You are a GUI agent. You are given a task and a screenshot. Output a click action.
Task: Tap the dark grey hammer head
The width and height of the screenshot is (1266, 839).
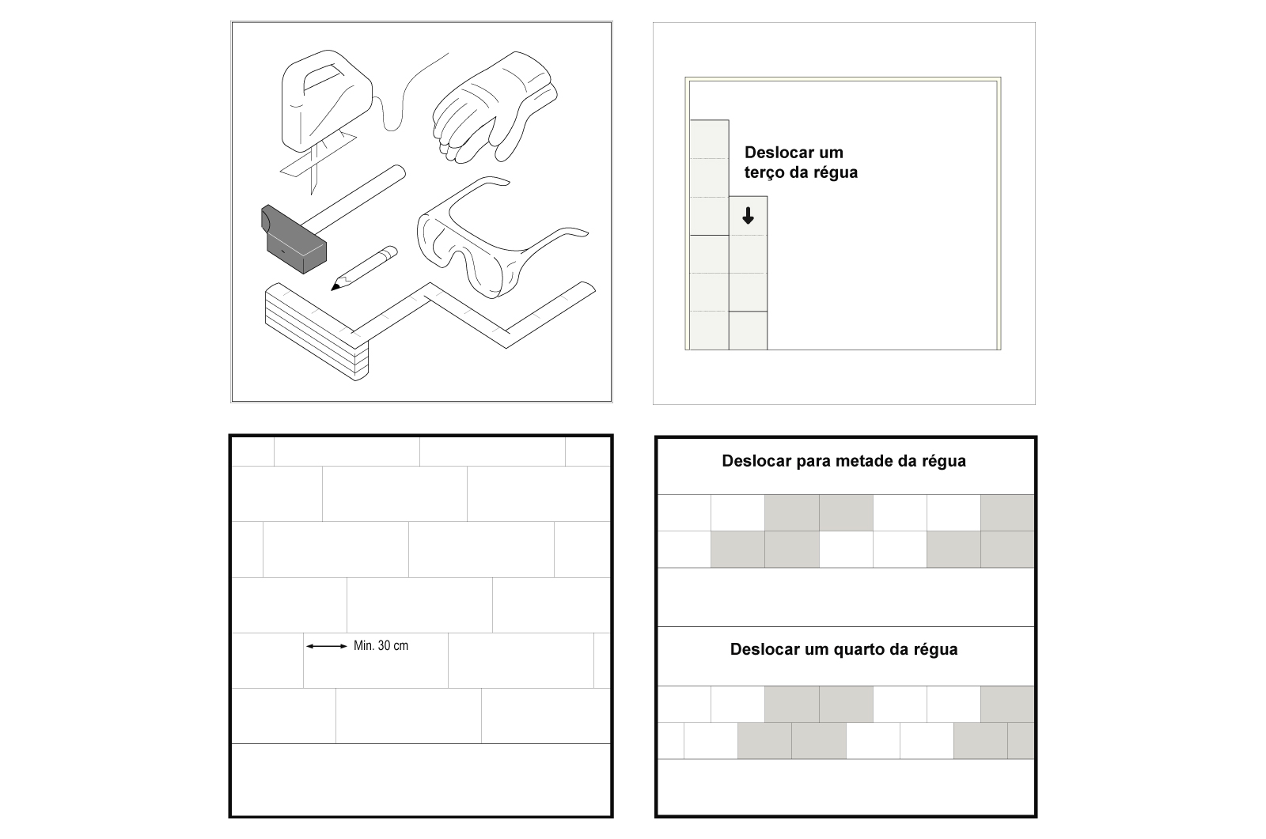tap(294, 240)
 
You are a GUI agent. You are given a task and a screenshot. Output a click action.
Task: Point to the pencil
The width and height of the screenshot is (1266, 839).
tap(364, 268)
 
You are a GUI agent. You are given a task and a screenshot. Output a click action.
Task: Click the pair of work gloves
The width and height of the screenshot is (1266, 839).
tap(495, 108)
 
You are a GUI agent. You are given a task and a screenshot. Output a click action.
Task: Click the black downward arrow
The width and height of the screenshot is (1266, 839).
tap(748, 216)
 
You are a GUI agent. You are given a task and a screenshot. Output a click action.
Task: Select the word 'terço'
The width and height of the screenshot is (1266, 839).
tap(764, 173)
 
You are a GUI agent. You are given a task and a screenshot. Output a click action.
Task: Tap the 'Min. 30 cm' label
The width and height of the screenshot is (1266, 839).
tap(381, 646)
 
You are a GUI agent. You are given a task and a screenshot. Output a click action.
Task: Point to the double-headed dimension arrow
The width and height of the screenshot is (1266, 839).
tap(327, 646)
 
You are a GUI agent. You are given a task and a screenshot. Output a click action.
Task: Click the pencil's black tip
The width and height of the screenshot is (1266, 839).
tap(335, 287)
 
